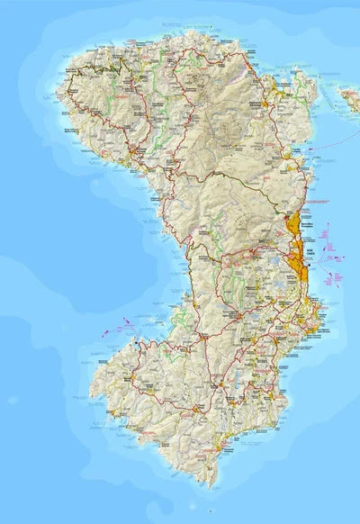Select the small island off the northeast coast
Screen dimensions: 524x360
[348, 93]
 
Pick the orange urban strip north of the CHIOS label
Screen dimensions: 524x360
[293, 225]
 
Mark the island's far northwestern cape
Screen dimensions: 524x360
[60, 90]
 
